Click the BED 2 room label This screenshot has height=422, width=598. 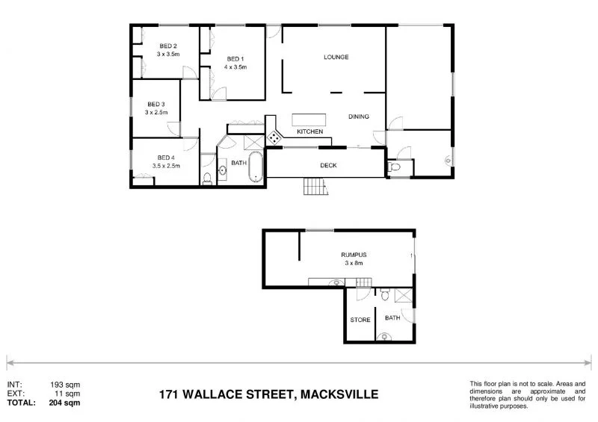point(168,45)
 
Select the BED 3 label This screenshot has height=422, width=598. point(156,104)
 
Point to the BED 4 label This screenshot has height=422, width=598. point(165,158)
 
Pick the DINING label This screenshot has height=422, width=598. point(360,117)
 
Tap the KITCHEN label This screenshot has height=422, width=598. point(309,132)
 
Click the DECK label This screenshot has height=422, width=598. point(328,165)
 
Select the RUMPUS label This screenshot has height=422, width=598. point(354,255)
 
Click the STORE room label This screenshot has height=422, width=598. point(360,320)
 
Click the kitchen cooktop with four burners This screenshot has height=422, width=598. point(274,137)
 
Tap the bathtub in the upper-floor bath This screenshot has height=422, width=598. point(256,167)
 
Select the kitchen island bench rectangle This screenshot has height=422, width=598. point(309,120)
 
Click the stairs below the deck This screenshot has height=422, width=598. point(315,187)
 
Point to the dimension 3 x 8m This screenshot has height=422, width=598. point(354,263)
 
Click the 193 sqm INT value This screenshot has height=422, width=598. point(67,385)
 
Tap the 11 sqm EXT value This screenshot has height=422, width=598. point(69,393)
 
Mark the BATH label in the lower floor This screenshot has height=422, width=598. point(392,318)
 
